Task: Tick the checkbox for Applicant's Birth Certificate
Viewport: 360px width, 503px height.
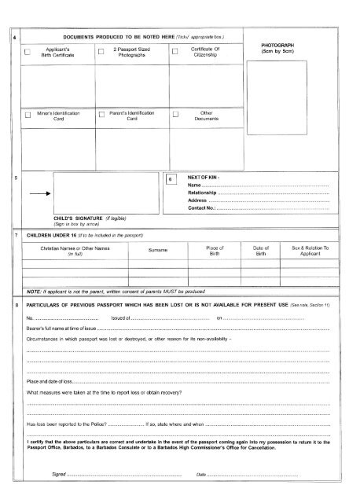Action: pos(28,52)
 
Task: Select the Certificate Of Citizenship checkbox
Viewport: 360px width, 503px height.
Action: pos(174,52)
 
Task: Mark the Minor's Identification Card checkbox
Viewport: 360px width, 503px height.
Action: pos(28,116)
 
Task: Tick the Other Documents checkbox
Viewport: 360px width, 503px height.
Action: pos(174,116)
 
